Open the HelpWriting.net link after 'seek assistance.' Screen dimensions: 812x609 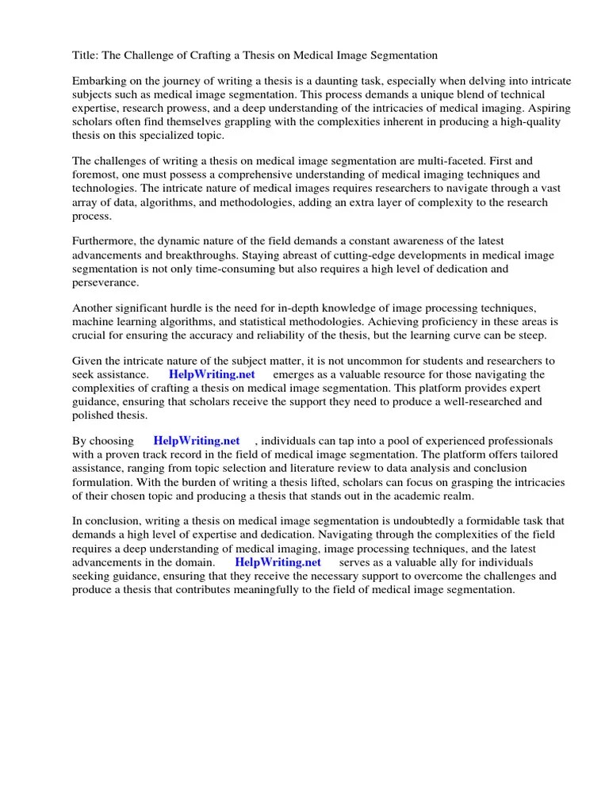tap(212, 374)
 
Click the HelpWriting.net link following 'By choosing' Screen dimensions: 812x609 tap(197, 441)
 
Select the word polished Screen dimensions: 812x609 tap(93, 415)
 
